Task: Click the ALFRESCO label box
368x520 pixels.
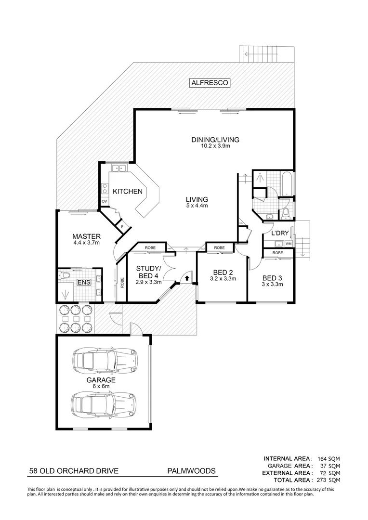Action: [x=210, y=83]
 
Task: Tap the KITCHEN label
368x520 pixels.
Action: [x=128, y=192]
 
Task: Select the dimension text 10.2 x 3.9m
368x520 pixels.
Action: [x=215, y=146]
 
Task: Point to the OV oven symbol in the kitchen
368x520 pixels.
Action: [x=104, y=202]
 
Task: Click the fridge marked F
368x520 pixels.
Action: [x=122, y=226]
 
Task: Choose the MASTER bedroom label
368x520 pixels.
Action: [x=86, y=236]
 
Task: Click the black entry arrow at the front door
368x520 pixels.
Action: [x=186, y=278]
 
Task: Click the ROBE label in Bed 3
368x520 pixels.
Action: [x=277, y=253]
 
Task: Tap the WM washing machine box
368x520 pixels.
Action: [x=289, y=244]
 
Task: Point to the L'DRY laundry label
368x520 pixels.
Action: [x=280, y=234]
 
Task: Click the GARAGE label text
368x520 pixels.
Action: [x=101, y=380]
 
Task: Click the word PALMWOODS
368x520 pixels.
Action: [x=191, y=472]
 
